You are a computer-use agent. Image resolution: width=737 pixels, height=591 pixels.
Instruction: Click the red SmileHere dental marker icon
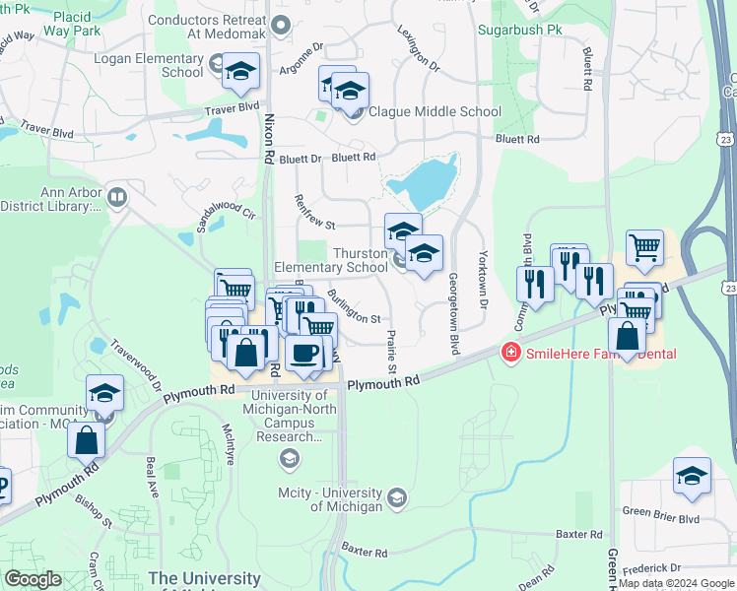(x=510, y=352)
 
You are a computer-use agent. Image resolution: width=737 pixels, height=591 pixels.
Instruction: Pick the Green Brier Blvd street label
(x=660, y=517)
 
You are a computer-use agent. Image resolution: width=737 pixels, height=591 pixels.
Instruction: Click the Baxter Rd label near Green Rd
(x=578, y=534)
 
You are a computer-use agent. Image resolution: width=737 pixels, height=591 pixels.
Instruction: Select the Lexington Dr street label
(x=418, y=47)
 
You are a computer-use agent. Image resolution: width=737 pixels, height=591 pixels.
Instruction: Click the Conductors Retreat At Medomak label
(x=209, y=26)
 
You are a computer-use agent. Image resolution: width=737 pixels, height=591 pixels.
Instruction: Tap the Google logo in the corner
(x=33, y=579)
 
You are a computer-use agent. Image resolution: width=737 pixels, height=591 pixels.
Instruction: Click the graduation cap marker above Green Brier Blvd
(x=692, y=475)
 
